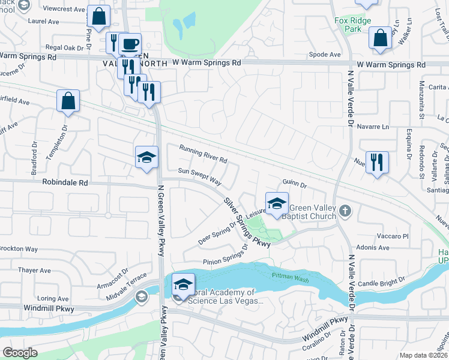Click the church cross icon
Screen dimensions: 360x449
click(345, 211)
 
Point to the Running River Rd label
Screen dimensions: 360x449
click(203, 154)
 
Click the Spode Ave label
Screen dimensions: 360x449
click(325, 55)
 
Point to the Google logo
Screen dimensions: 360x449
click(20, 353)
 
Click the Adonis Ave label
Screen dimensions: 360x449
click(373, 247)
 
